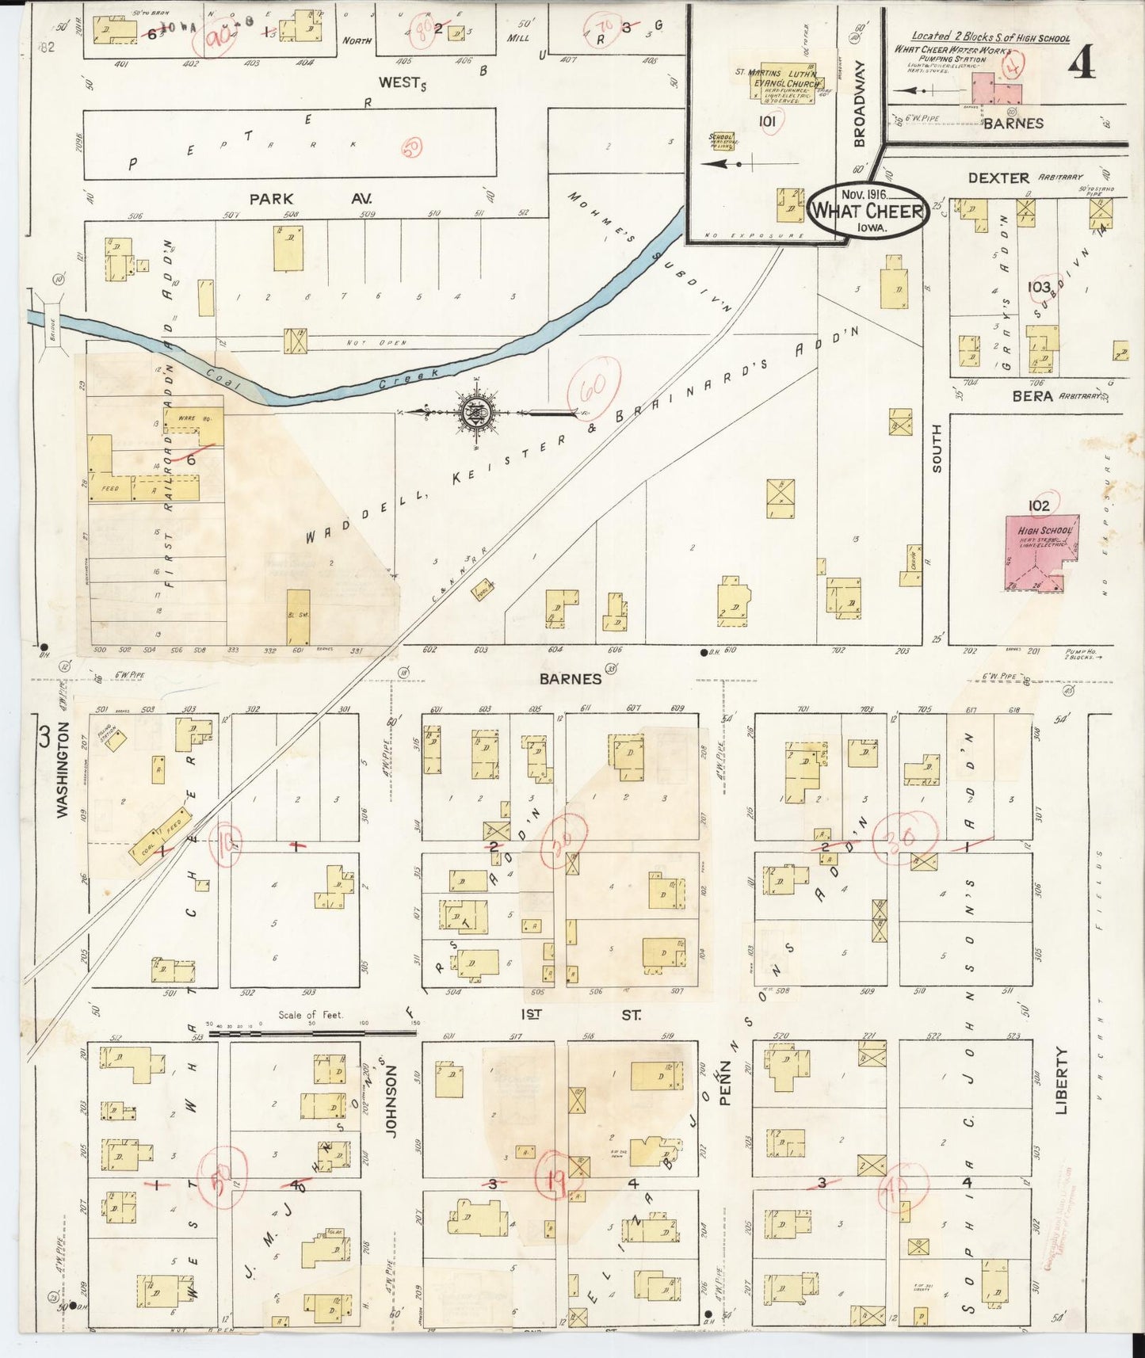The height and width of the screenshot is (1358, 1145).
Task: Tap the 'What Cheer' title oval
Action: (867, 211)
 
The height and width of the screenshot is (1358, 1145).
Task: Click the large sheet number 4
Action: (1082, 66)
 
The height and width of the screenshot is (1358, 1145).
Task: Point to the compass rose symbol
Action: (476, 412)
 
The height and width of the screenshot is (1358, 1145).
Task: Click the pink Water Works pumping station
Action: (995, 89)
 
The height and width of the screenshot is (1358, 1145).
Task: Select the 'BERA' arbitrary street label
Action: (1032, 395)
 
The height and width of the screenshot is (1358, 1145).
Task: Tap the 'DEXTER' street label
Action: (998, 178)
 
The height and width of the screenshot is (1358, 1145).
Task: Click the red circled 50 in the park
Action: (412, 147)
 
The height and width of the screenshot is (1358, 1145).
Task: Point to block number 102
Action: (1038, 505)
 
